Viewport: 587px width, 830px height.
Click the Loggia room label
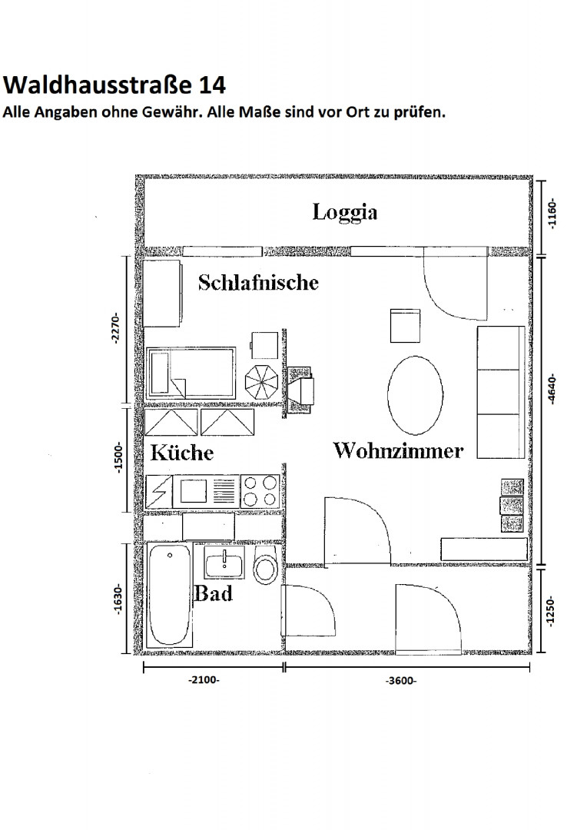click(344, 213)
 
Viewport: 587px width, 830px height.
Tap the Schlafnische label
click(258, 283)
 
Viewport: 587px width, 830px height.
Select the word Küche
click(182, 453)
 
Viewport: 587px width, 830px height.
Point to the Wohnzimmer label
click(398, 450)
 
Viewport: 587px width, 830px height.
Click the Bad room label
click(214, 593)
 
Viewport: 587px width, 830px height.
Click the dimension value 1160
click(552, 214)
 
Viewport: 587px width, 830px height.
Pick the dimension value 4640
click(552, 390)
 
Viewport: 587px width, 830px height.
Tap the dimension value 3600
click(401, 681)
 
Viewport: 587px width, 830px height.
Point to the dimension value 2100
click(204, 679)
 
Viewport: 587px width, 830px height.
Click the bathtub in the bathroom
click(169, 595)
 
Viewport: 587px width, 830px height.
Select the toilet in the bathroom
click(266, 566)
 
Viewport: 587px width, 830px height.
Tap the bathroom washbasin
click(224, 563)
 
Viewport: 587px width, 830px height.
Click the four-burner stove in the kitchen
click(260, 491)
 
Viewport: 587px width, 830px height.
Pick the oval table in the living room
click(416, 395)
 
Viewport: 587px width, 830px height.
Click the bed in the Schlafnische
click(191, 373)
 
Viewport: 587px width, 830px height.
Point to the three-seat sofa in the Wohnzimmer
click(501, 392)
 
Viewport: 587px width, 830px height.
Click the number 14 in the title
click(212, 85)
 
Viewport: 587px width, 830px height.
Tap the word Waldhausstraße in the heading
click(98, 85)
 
